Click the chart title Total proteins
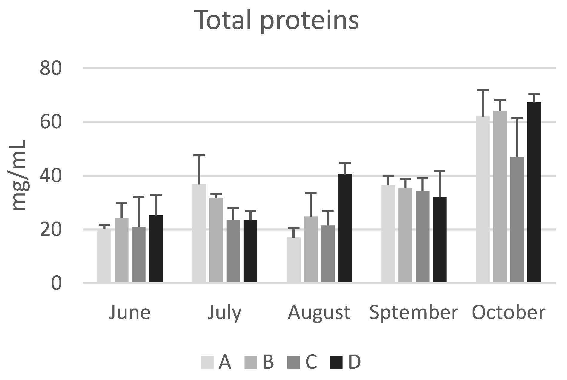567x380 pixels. [277, 20]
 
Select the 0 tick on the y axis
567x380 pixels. [56, 283]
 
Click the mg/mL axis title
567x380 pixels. [19, 175]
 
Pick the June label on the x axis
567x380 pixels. [130, 313]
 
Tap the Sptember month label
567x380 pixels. [414, 313]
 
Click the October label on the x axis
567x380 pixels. [508, 313]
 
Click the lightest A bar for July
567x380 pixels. [199, 233]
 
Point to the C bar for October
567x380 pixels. [517, 220]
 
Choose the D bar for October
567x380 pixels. [534, 192]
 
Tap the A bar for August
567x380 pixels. [294, 260]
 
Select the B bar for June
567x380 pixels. [122, 250]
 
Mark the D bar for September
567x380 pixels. [440, 239]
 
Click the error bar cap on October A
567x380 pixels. [483, 90]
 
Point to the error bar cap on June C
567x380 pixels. [139, 197]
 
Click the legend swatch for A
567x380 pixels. [207, 362]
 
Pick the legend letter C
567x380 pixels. [311, 362]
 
